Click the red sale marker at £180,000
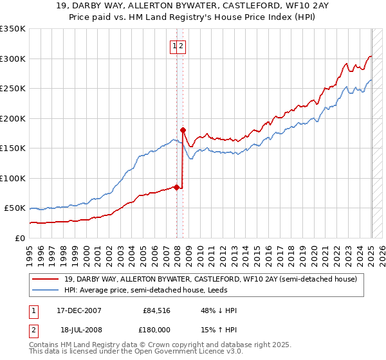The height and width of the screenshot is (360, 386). coord(183,130)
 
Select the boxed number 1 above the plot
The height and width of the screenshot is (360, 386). coord(174,46)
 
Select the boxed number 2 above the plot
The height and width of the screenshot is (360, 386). coord(182,46)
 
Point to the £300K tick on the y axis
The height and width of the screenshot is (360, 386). coord(13,59)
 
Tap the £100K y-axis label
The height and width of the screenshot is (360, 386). coord(13,178)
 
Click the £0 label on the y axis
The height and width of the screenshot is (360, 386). coord(20,238)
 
